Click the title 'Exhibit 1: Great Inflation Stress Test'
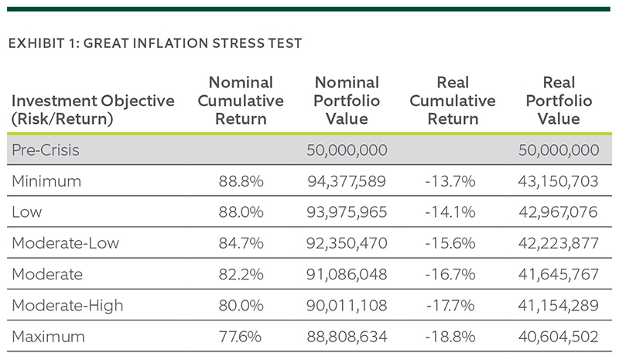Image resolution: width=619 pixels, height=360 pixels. (155, 43)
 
